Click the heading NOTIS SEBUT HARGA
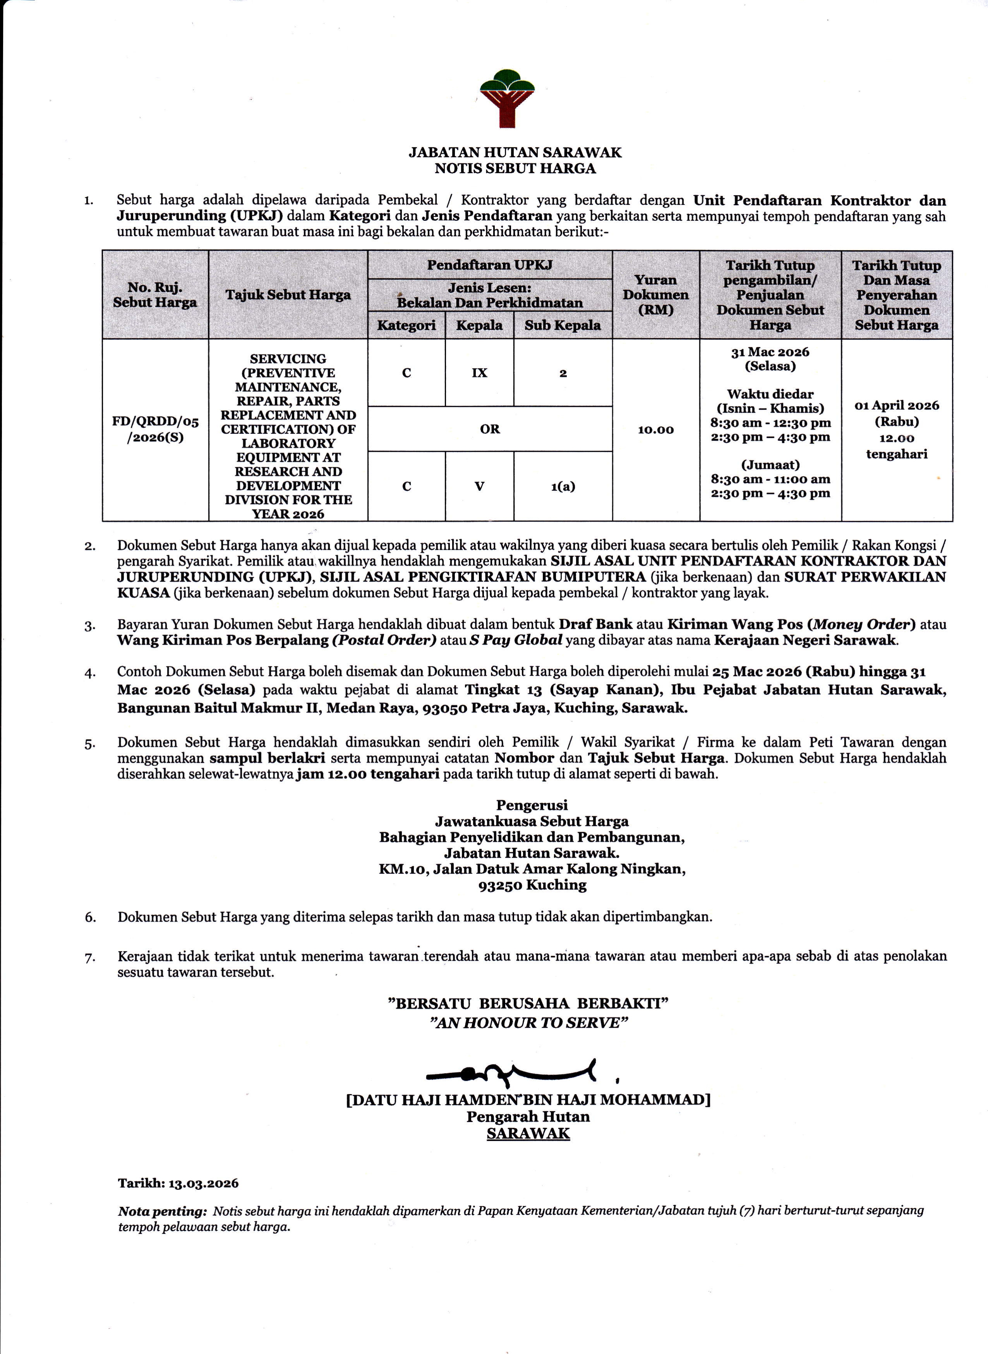coord(515,169)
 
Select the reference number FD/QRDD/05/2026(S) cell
coord(155,429)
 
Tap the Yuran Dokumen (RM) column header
coord(656,295)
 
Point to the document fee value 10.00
coord(656,429)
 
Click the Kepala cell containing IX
coord(479,373)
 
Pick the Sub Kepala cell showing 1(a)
coord(563,486)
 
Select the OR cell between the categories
coord(489,429)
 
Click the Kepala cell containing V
coord(479,486)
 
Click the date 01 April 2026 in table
coord(897,406)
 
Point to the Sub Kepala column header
coord(562,325)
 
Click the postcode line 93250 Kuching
coord(532,885)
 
